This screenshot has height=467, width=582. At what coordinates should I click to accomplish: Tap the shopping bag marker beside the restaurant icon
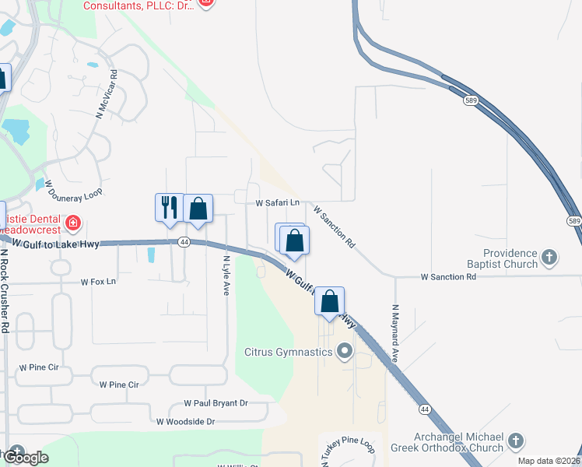pyautogui.click(x=198, y=209)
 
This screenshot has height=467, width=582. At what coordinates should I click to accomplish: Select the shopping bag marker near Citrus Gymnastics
pyautogui.click(x=329, y=301)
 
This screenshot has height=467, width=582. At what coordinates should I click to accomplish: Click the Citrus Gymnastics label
pyautogui.click(x=288, y=353)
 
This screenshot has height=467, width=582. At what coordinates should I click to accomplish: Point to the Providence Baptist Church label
pyautogui.click(x=510, y=258)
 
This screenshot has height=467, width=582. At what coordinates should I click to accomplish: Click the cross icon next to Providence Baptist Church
pyautogui.click(x=549, y=258)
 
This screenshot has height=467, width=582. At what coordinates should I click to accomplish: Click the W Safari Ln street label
pyautogui.click(x=278, y=202)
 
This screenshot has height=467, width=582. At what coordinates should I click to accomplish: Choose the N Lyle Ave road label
pyautogui.click(x=226, y=276)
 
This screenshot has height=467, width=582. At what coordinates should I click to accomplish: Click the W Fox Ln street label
pyautogui.click(x=98, y=281)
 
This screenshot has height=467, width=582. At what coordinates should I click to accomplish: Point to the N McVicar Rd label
pyautogui.click(x=107, y=95)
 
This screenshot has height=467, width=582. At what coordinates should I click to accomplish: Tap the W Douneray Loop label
pyautogui.click(x=73, y=186)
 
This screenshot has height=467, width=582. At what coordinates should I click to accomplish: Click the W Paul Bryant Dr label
pyautogui.click(x=216, y=403)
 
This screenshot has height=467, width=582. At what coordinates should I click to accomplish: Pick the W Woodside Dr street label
pyautogui.click(x=185, y=422)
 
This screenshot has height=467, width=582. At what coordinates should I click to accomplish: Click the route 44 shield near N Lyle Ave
pyautogui.click(x=183, y=242)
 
